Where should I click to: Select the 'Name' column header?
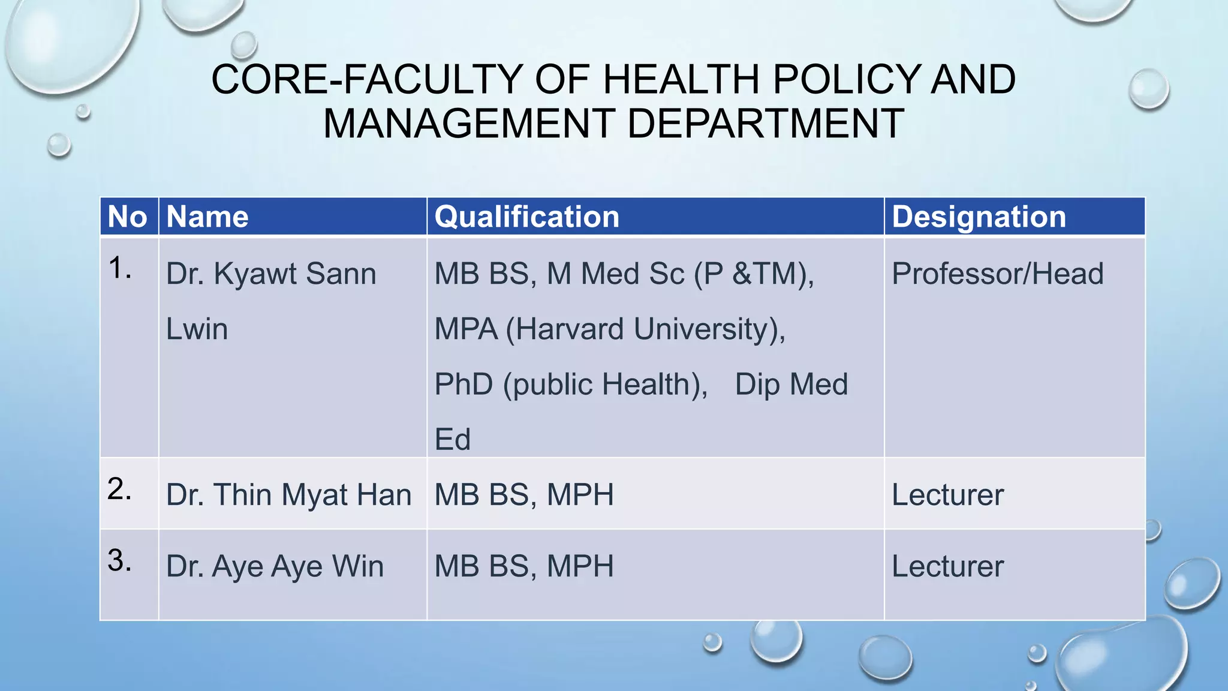coord(207,217)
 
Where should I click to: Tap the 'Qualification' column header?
coord(526,217)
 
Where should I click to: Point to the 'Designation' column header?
coord(979,217)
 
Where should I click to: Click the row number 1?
coord(119,268)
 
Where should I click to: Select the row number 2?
coord(119,489)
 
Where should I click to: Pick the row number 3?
coord(119,561)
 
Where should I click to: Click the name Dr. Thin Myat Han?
coord(288,495)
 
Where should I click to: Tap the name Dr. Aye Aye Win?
coord(275,566)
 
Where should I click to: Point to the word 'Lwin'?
coord(197,329)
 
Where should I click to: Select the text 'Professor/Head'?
coord(997,274)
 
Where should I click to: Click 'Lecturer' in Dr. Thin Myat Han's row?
coord(947,495)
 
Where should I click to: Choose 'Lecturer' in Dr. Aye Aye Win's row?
coord(947,566)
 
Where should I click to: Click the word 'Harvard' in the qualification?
coord(570,329)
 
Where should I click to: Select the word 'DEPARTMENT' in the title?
coord(766,124)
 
